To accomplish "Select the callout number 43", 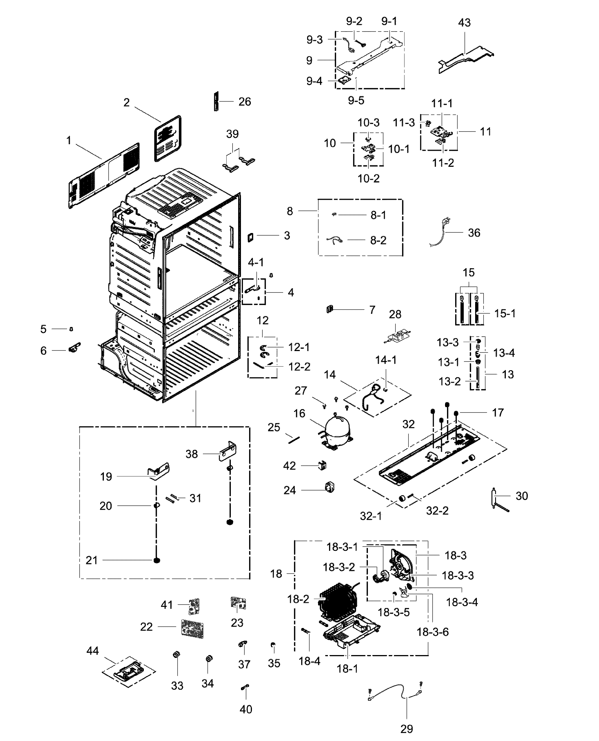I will (x=464, y=23).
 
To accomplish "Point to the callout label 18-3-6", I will (x=433, y=632).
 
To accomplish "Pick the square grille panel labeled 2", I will (x=168, y=138).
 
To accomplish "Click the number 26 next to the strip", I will (x=245, y=101).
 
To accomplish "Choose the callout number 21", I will (x=92, y=560).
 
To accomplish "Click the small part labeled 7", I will (x=330, y=309).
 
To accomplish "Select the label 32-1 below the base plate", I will (x=371, y=516).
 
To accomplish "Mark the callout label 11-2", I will (x=443, y=163).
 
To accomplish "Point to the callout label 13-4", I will (x=504, y=353).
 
